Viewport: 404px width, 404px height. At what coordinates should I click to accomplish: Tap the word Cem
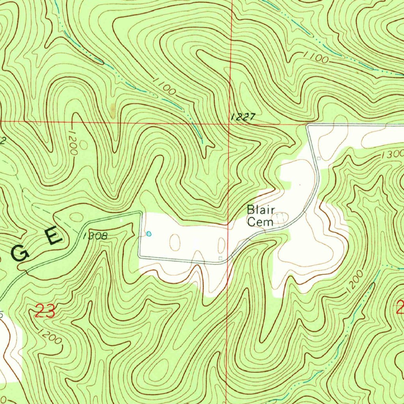pos(260,222)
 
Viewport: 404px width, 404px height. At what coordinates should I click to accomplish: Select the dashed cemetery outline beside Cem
pos(281,217)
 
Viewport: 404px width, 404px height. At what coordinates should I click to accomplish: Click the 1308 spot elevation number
pos(95,236)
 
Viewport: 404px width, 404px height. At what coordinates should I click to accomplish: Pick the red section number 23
pos(45,311)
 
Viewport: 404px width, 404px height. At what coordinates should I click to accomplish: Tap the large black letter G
pos(20,256)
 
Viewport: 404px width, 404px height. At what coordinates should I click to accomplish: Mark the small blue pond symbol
pos(149,234)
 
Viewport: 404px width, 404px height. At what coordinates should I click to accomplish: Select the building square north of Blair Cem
pos(319,158)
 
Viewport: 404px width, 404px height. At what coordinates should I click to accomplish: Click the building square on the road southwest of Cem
pos(221,259)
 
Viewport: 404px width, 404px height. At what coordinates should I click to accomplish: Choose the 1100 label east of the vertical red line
pos(316,58)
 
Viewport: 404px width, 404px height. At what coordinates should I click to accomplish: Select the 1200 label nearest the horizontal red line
pos(73,140)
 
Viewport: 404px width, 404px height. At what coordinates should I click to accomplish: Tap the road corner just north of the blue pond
pos(141,213)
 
